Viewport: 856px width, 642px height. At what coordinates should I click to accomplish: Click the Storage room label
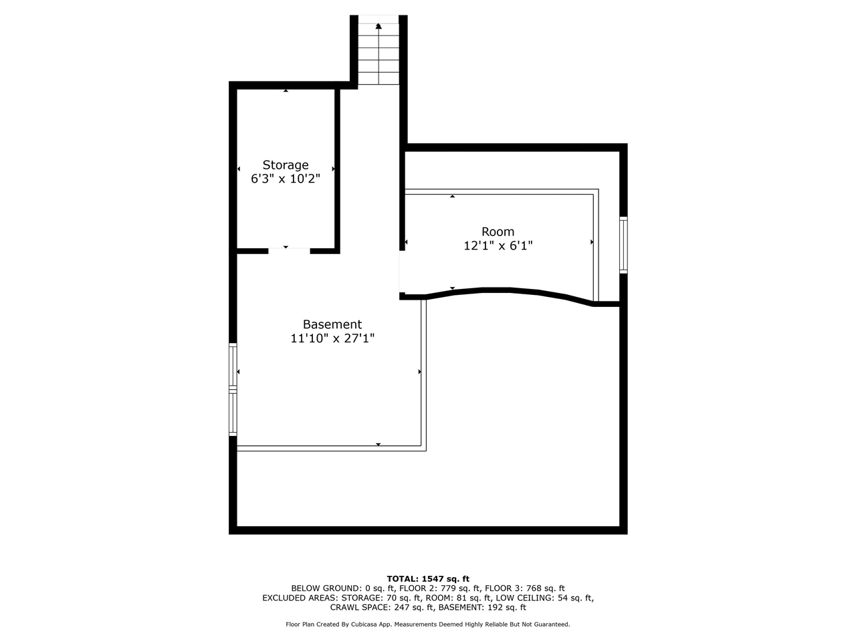pyautogui.click(x=285, y=165)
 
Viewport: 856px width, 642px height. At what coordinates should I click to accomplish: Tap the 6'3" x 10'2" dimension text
pyautogui.click(x=285, y=179)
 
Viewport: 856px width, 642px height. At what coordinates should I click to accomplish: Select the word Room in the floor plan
pyautogui.click(x=498, y=232)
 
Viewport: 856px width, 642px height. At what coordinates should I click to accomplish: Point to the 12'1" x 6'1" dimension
pyautogui.click(x=498, y=246)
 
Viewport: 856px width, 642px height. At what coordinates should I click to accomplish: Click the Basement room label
pyautogui.click(x=332, y=324)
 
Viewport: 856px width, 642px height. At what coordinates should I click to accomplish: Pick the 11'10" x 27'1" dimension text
pyautogui.click(x=332, y=338)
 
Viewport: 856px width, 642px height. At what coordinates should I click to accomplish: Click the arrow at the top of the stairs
pyautogui.click(x=379, y=26)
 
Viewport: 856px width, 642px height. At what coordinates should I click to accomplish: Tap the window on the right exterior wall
pyautogui.click(x=623, y=245)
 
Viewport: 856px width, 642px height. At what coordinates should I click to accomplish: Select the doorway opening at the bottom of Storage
pyautogui.click(x=289, y=250)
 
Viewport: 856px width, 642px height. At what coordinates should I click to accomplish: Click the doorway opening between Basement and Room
pyautogui.click(x=402, y=272)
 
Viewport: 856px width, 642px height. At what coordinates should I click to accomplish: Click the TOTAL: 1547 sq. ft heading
pyautogui.click(x=428, y=579)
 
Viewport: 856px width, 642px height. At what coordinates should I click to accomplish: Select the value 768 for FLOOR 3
pyautogui.click(x=533, y=588)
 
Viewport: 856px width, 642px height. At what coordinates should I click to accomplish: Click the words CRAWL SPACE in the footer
pyautogui.click(x=360, y=607)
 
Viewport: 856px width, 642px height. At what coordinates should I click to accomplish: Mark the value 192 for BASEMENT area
pyautogui.click(x=495, y=607)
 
